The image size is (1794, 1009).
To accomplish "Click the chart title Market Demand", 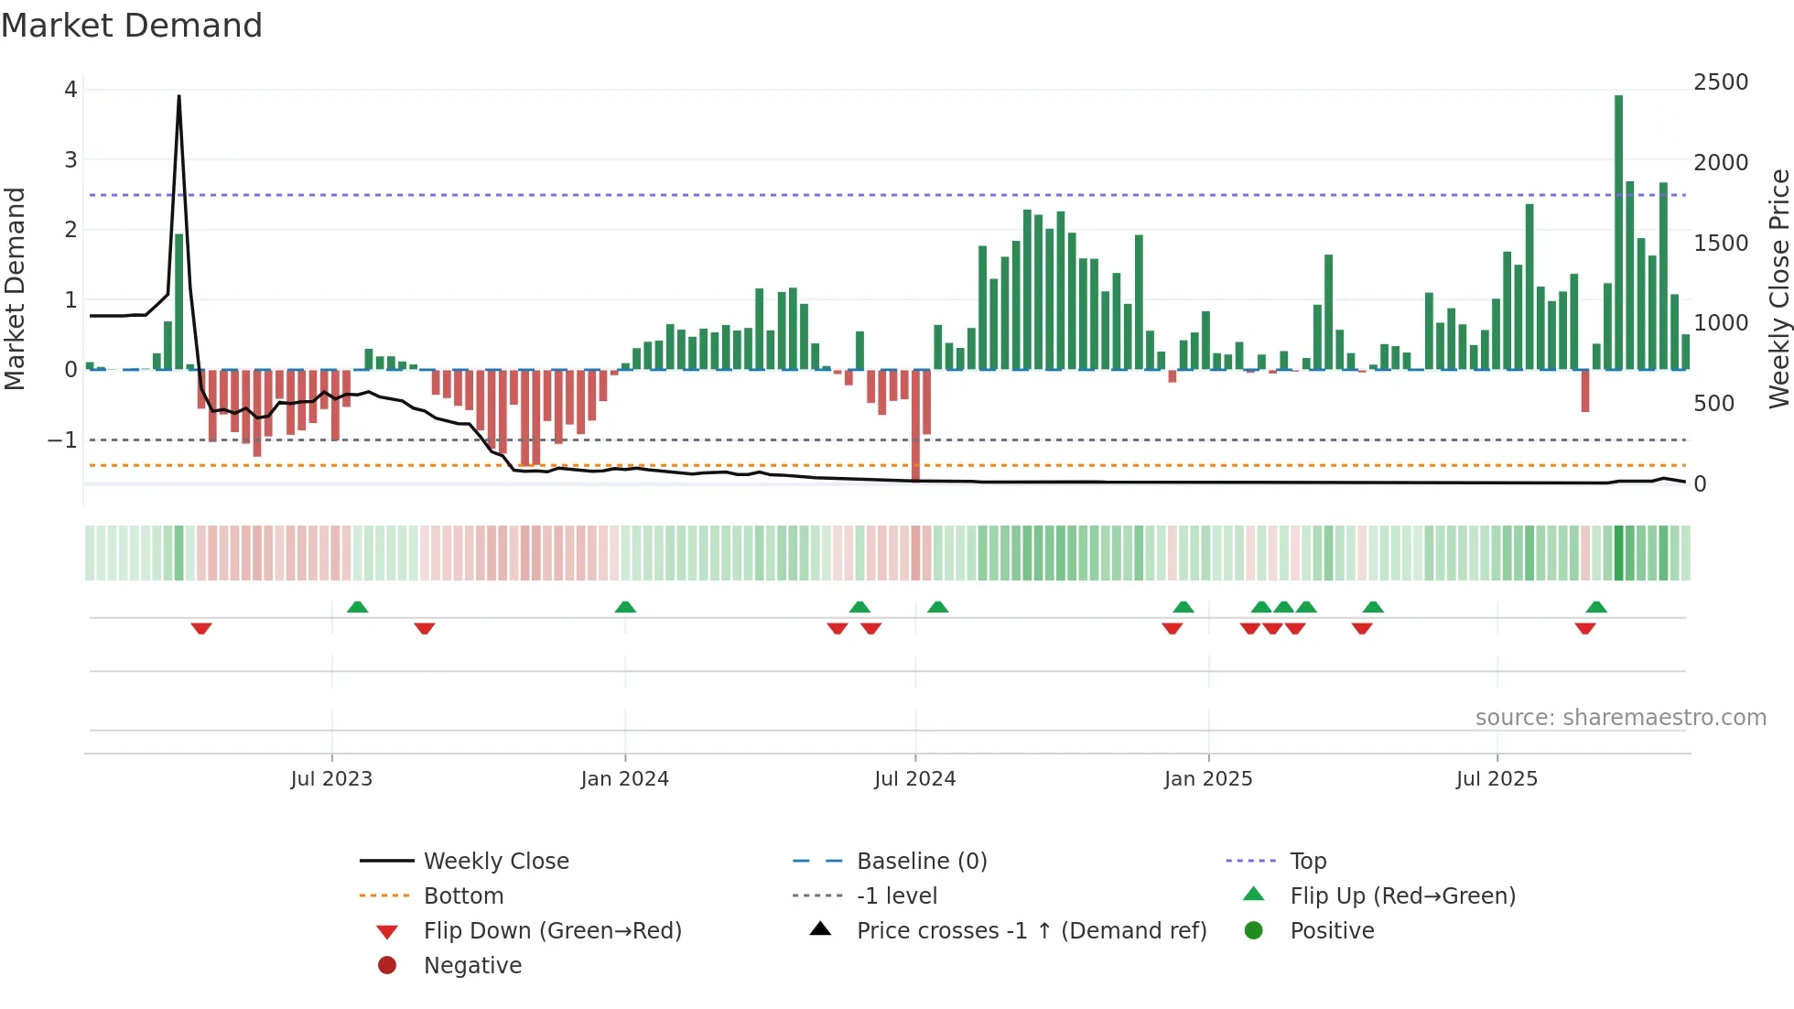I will (132, 26).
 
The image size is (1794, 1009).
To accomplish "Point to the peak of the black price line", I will (178, 97).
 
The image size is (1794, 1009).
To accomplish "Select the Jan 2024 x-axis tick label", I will (624, 779).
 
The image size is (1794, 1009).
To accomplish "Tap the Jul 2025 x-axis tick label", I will (1497, 779).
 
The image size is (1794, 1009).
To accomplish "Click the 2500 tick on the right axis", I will (1721, 82).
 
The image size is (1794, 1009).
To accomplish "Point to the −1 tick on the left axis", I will (62, 440).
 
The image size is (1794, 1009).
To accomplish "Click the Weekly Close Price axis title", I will (1778, 288).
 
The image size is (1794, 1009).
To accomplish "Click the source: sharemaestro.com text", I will (1620, 718).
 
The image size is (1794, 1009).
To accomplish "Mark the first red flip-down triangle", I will (201, 628).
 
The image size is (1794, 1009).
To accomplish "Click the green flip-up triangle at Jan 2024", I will (625, 607).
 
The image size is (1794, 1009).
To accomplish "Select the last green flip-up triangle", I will (1596, 607).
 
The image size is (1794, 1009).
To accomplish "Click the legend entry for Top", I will (1307, 862).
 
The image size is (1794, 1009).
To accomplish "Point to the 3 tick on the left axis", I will (70, 160).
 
